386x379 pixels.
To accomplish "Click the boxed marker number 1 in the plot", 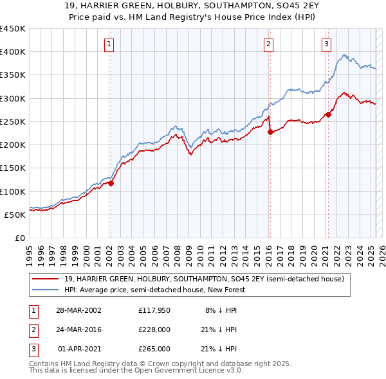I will click(110, 44).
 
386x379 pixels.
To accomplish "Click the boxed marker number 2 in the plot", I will click(268, 44).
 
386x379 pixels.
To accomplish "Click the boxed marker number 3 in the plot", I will click(327, 44).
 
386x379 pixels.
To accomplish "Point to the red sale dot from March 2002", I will click(111, 183).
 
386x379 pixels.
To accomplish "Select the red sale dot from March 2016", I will click(270, 132).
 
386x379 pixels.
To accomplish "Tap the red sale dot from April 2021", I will click(328, 115).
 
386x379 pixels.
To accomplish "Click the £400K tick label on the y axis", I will click(13, 52).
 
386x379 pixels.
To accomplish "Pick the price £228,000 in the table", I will click(154, 330).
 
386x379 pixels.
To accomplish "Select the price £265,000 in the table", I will click(154, 349).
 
